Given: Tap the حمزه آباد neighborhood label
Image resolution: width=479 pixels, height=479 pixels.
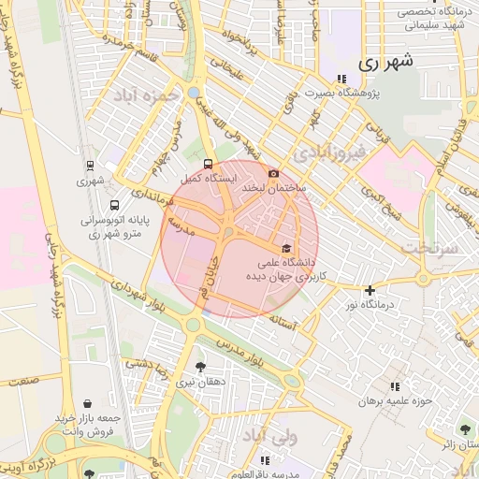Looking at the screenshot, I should pos(144,95).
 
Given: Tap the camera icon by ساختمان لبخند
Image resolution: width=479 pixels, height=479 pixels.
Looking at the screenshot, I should pos(273,173).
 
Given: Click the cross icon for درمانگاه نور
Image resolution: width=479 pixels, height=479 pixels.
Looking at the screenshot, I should pos(370,290).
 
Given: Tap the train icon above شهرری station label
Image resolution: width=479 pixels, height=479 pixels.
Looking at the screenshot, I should pos(90,165).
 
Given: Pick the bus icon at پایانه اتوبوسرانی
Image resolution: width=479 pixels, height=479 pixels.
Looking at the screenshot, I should pos(114,205).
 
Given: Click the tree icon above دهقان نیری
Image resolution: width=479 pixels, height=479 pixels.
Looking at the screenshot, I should pos(200,367).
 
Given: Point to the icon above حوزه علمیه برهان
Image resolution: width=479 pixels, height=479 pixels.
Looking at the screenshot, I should pos(395,386).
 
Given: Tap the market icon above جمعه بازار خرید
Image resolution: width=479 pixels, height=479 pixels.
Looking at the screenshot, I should pos(88,402).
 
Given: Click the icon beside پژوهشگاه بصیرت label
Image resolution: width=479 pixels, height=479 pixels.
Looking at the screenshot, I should pos(341,80).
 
